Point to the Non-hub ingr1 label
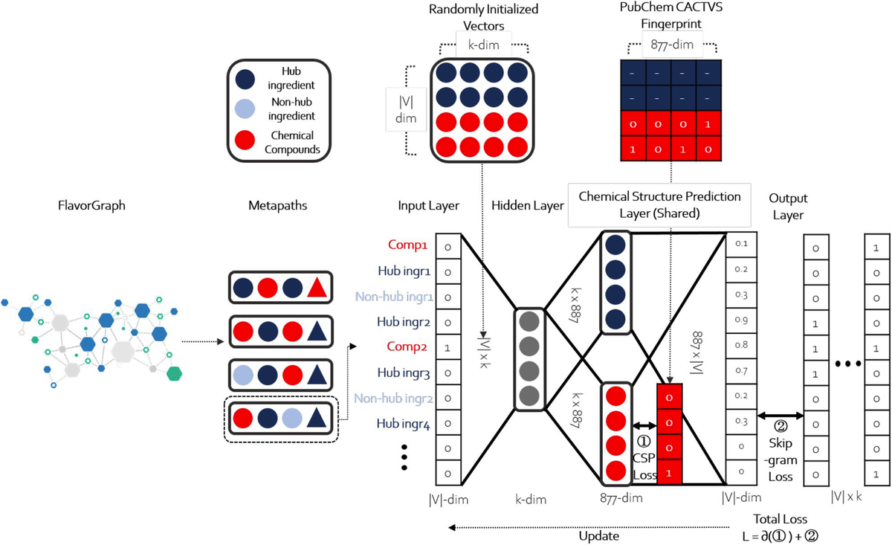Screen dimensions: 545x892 [393, 297]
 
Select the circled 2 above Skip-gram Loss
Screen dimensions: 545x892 [780, 427]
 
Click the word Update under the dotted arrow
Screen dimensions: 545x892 [598, 535]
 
